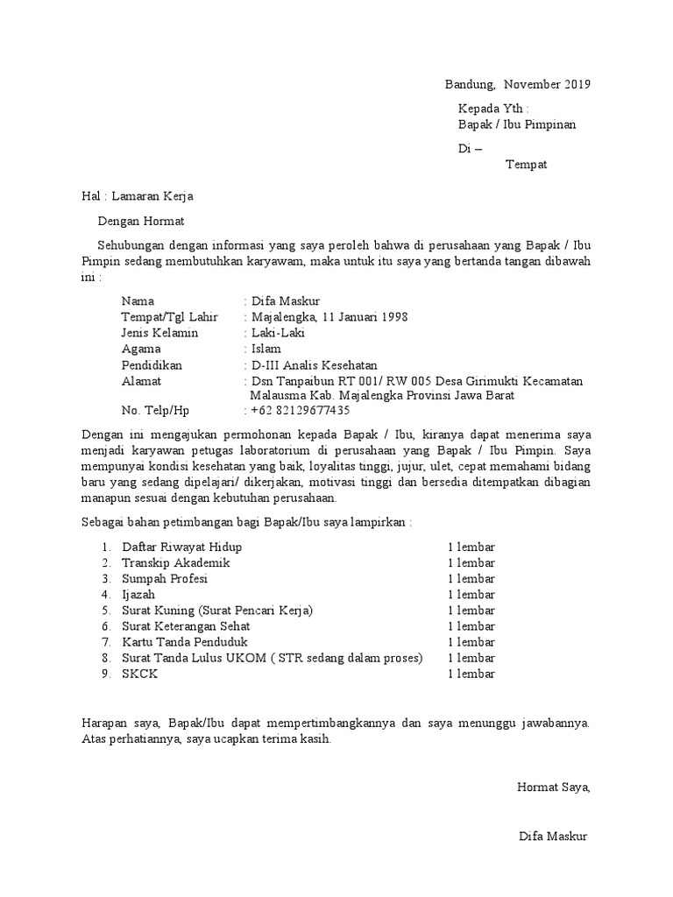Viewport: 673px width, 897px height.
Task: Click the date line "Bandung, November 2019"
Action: point(517,85)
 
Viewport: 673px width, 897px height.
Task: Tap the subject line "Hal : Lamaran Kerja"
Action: point(137,196)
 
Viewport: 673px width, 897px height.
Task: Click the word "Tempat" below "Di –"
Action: point(526,165)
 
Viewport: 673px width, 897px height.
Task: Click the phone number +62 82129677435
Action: point(300,410)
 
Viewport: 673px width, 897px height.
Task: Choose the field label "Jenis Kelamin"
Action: point(160,333)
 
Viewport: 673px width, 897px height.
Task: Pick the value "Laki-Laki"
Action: point(278,333)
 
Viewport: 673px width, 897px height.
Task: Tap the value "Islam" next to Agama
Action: point(266,349)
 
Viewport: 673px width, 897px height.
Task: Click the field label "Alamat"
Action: point(141,381)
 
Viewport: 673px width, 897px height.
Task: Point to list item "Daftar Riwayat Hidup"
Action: point(181,547)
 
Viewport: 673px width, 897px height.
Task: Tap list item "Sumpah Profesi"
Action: point(165,579)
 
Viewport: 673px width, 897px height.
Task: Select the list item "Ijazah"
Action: point(138,595)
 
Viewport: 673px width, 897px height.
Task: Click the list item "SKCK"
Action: point(140,675)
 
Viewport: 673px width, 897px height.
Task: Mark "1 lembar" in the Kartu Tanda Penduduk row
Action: point(471,642)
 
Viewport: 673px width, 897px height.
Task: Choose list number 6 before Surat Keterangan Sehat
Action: point(105,627)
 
